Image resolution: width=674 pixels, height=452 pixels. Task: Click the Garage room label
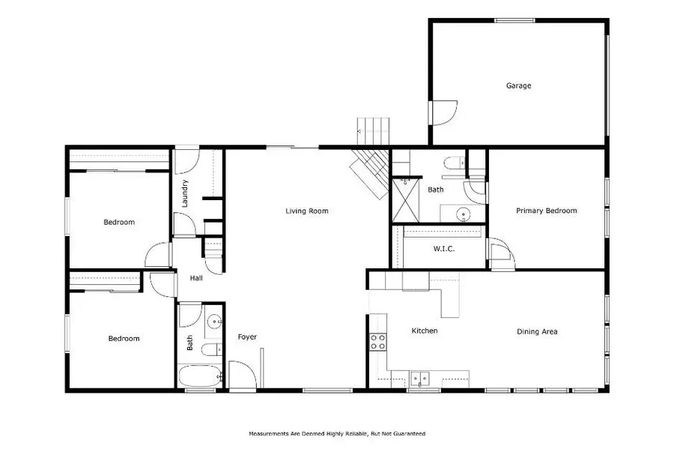click(518, 85)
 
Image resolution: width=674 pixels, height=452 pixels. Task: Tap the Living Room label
click(307, 211)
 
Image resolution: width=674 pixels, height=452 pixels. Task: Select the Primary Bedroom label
click(547, 211)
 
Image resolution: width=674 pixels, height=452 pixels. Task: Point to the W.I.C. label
click(444, 249)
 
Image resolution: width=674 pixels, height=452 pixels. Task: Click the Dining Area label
click(537, 331)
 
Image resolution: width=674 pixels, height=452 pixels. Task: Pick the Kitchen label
click(425, 331)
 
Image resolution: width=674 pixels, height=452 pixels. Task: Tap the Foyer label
click(247, 337)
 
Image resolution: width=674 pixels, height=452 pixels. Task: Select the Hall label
click(196, 278)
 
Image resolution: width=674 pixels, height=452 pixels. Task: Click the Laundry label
click(185, 193)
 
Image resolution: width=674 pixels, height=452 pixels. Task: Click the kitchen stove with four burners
click(378, 342)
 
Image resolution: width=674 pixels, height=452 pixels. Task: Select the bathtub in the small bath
click(199, 376)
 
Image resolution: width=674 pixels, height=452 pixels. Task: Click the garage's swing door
click(442, 112)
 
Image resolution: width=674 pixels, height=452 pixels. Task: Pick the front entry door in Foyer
click(241, 375)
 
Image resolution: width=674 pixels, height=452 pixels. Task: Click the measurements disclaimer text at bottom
click(336, 433)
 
